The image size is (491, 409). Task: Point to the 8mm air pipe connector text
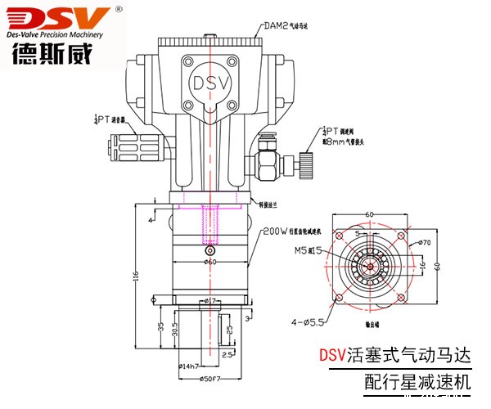pyautogui.click(x=347, y=142)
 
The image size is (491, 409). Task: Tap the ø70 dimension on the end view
pyautogui.click(x=425, y=243)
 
